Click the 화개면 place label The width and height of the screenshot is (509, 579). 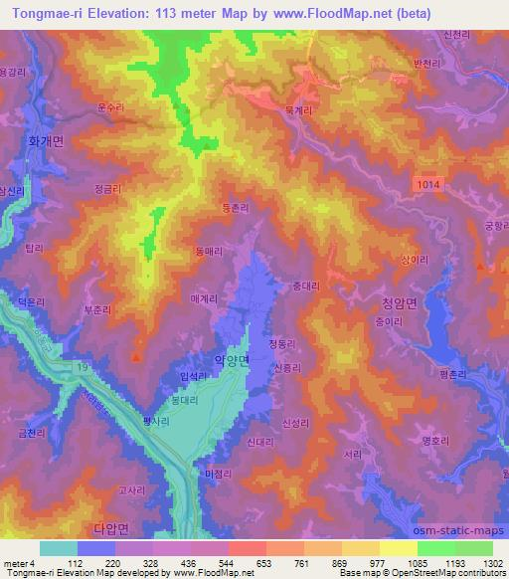44,142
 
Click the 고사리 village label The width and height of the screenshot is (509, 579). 132,489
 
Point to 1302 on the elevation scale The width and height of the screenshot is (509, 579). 490,562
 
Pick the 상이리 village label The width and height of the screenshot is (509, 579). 413,257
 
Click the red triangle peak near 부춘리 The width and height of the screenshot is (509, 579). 136,355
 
